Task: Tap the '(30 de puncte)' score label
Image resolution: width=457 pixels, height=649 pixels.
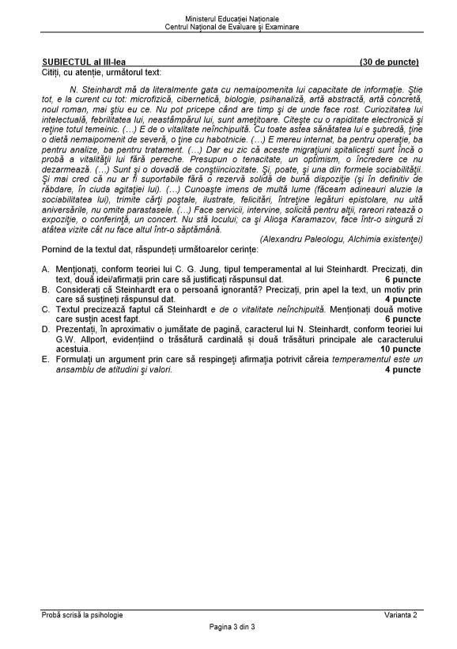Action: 388,62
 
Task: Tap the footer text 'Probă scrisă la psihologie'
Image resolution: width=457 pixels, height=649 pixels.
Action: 83,614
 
